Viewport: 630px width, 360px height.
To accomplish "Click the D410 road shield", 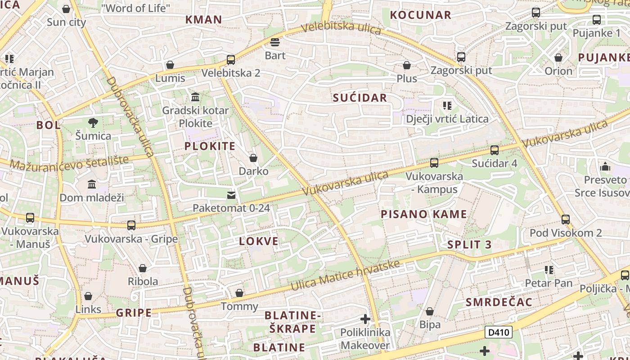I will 499,333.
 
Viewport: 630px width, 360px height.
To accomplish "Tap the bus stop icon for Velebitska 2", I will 231,59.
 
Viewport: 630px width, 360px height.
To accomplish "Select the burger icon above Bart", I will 275,42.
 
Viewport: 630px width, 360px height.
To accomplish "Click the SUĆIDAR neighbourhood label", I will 360,98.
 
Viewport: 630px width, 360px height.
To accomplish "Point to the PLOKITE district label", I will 210,146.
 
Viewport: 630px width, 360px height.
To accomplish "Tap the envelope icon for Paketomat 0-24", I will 231,195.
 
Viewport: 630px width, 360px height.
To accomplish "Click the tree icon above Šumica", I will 93,122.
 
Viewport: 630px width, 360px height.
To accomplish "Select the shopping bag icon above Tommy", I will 239,293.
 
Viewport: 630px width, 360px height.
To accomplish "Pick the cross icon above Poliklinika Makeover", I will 365,319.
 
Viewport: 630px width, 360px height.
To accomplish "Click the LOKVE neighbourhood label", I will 259,241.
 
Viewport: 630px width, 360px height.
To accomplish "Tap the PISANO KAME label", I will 424,214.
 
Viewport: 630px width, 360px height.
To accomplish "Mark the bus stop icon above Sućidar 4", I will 495,150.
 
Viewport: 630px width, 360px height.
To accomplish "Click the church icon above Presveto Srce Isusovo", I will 605,166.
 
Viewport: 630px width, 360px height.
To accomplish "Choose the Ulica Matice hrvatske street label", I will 345,275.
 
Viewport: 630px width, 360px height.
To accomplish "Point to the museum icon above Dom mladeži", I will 92,184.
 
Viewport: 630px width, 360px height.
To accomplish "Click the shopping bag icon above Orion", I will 558,58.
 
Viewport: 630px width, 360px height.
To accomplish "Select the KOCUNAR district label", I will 420,15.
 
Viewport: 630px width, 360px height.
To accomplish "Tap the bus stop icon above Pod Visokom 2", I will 566,220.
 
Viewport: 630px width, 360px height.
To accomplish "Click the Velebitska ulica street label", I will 341,28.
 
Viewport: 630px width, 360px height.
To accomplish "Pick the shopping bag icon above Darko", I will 253,158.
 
